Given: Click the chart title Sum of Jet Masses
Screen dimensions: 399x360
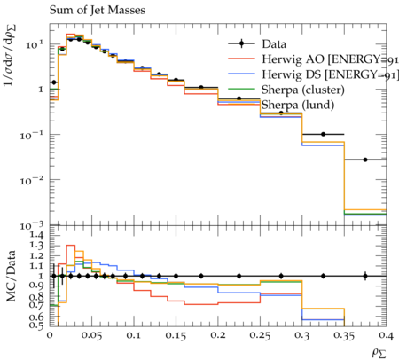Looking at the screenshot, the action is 98,11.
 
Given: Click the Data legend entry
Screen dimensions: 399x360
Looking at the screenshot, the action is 274,44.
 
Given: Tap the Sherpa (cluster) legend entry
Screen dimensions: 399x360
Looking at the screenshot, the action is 303,90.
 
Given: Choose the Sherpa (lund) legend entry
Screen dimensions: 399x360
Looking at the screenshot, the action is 298,105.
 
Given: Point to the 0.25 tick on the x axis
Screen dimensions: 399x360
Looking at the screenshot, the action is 260,335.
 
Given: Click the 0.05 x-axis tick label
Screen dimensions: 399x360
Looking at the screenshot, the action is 91,335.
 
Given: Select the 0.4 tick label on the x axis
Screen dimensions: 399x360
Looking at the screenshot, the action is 386,335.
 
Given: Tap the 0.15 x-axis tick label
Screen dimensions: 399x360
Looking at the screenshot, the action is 176,335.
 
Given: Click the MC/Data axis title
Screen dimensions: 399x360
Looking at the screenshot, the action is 11,276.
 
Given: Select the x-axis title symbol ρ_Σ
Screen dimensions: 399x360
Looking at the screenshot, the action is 379,353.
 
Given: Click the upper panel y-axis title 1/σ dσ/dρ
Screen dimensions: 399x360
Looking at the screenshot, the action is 10,56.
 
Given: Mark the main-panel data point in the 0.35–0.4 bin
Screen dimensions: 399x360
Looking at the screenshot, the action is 365,160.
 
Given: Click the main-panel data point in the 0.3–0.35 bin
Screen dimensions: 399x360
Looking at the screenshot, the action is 324,134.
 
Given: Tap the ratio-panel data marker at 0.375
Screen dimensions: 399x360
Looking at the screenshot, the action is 365,276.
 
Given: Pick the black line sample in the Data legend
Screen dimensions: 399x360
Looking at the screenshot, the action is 241,43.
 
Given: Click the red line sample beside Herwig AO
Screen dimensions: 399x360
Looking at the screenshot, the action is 241,59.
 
